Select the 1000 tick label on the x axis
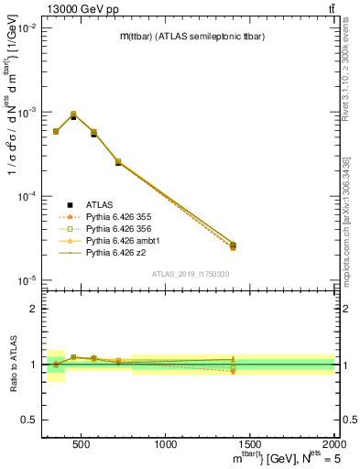[x=166, y=444]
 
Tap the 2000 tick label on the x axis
[x=333, y=444]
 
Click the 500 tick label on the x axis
[x=82, y=444]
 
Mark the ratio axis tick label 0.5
[x=27, y=420]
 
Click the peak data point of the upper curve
[x=73, y=115]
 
